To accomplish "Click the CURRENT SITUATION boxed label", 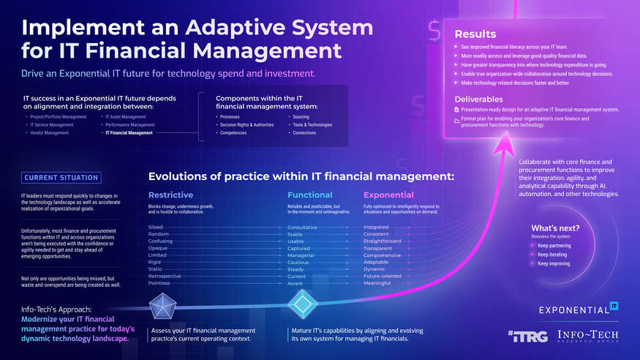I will tap(61, 177).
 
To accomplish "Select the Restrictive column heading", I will tap(170, 195).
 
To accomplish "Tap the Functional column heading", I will tap(309, 195).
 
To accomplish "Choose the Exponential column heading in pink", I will tap(388, 195).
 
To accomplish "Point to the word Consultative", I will tap(302, 228).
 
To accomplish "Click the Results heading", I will tap(475, 34).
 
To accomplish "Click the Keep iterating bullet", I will tap(553, 255).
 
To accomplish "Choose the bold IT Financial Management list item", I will tap(129, 133).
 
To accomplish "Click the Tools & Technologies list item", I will tap(312, 125).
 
